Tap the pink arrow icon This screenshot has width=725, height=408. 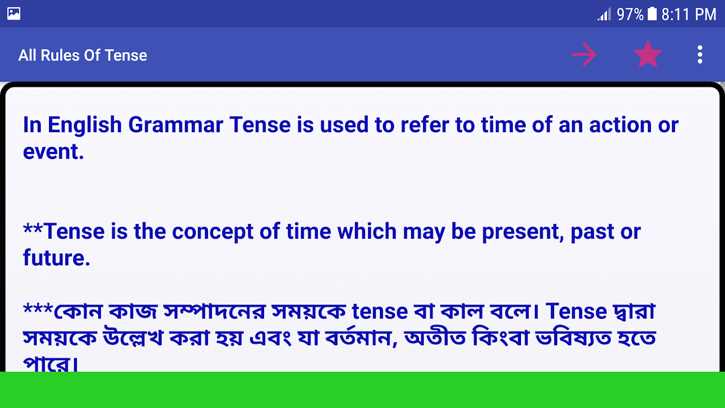(x=584, y=55)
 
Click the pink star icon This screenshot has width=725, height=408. (x=648, y=55)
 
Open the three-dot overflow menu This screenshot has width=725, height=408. (x=700, y=55)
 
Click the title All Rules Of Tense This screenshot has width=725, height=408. (x=83, y=55)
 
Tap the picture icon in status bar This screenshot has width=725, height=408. (x=14, y=14)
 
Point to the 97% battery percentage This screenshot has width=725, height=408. (x=630, y=14)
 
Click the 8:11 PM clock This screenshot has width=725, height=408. (x=689, y=14)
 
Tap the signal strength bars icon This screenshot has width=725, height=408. (x=604, y=14)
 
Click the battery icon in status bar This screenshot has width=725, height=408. (x=652, y=14)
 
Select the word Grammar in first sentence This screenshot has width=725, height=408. (x=175, y=124)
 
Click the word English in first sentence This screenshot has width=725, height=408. (x=85, y=124)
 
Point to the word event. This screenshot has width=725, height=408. (x=53, y=151)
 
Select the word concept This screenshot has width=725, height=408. (x=212, y=232)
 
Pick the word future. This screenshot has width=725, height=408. (x=56, y=258)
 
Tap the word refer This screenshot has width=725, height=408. (x=425, y=124)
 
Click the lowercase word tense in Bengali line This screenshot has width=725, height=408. (x=380, y=312)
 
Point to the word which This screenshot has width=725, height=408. (x=367, y=231)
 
